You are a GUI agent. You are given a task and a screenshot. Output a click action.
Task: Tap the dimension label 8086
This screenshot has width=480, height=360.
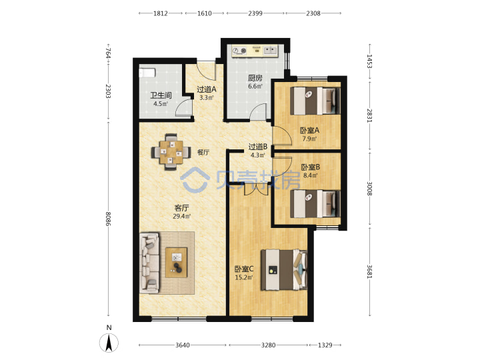point(108,219)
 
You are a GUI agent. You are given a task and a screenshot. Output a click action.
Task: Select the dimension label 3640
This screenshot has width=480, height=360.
point(182,345)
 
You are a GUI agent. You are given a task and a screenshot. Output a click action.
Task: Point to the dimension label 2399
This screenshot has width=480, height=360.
point(255,13)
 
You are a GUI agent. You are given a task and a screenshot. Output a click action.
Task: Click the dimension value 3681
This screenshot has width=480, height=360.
point(369,271)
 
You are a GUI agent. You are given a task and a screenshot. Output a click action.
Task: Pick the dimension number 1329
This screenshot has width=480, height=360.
point(325,345)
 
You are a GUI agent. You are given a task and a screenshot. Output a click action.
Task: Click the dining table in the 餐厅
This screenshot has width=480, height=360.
point(171,152)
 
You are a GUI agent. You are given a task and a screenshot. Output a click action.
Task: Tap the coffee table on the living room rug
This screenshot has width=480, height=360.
point(176,263)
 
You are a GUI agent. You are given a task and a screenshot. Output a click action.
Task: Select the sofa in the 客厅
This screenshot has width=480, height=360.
point(150,263)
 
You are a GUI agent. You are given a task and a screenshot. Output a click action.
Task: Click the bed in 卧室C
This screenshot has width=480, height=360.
point(284,270)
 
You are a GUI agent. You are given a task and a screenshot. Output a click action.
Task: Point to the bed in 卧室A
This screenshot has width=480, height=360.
point(315,101)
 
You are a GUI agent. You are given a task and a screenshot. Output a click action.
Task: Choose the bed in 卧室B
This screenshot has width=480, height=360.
point(315,203)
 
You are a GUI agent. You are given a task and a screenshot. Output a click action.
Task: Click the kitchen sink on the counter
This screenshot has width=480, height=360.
point(270,51)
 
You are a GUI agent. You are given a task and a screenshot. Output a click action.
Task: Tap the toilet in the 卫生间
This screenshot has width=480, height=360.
point(147,73)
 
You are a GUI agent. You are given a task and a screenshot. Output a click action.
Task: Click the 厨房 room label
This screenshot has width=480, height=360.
point(255,78)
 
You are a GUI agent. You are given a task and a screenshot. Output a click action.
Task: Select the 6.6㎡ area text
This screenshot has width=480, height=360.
point(255,86)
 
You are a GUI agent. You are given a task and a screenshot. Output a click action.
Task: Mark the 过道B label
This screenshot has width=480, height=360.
point(258,147)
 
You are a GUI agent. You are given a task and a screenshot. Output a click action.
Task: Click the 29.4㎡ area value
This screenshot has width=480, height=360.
point(182,217)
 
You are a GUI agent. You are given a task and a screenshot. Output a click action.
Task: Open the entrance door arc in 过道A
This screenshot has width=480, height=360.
point(206,71)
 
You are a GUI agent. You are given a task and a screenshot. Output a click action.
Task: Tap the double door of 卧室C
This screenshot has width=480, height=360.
point(256,189)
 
